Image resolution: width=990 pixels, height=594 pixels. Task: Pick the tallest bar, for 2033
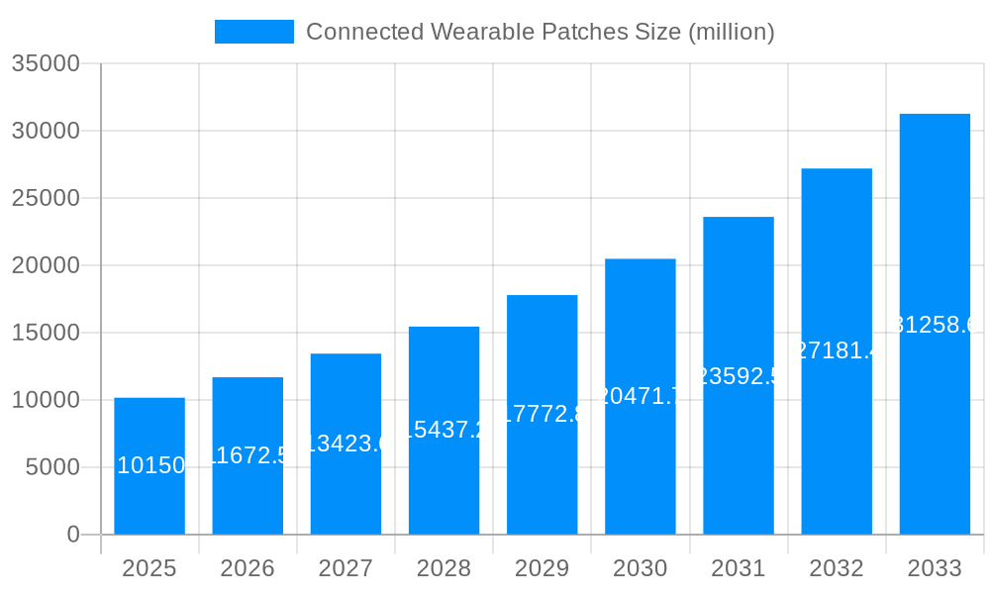coord(935,247)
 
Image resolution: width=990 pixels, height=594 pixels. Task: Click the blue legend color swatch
coord(254,32)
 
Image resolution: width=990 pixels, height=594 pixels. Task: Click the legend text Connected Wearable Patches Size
coord(540,32)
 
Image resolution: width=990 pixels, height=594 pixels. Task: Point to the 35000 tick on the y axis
coord(45,63)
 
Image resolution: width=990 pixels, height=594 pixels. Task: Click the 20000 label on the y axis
coord(45,265)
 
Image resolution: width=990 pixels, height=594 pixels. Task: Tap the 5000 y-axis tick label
coord(51,467)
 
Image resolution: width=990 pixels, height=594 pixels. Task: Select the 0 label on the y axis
coord(72,535)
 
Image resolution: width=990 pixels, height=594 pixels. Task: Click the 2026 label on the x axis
coord(247,568)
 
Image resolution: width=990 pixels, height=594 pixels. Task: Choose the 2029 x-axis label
coord(543,568)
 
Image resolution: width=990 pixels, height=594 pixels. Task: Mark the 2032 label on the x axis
coord(837,568)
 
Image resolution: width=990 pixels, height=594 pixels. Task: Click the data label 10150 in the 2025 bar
coord(150,465)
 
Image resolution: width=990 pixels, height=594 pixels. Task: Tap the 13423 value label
coord(346,444)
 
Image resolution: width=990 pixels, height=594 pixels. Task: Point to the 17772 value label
coord(543,414)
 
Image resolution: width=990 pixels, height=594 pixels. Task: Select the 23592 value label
coord(739,376)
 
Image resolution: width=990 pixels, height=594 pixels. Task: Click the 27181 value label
coord(837,350)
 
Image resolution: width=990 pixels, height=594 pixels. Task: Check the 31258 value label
coord(935,325)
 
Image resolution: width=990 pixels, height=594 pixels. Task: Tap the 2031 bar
coord(739,455)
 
